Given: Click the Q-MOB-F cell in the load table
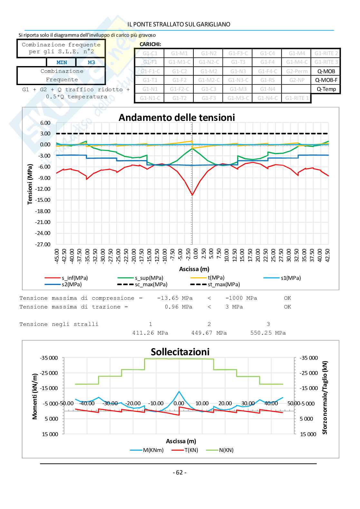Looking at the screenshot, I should (326, 80).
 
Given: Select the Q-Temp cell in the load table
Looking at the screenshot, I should (326, 89).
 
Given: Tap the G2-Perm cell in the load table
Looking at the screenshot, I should (297, 71).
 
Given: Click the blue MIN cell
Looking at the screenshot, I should (62, 62).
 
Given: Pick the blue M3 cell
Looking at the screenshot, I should (91, 62).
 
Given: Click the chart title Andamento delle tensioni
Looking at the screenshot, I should (177, 117).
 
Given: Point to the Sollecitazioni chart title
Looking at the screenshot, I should (180, 352).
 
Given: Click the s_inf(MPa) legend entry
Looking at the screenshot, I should (74, 278).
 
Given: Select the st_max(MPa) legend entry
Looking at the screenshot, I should (223, 284).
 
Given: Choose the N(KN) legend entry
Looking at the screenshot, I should (226, 450).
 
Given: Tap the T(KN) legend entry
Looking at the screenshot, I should (191, 450).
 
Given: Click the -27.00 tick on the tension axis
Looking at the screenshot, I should (43, 244).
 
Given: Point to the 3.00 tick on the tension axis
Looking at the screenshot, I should (45, 133).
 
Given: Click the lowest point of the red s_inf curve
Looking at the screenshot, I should (192, 195).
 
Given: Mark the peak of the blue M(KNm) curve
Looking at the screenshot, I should (179, 391).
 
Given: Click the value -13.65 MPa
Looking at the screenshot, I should (175, 298).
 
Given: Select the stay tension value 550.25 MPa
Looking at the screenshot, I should (268, 333).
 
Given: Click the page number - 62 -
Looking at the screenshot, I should (180, 473).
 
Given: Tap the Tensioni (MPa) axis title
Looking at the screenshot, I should (30, 184).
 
